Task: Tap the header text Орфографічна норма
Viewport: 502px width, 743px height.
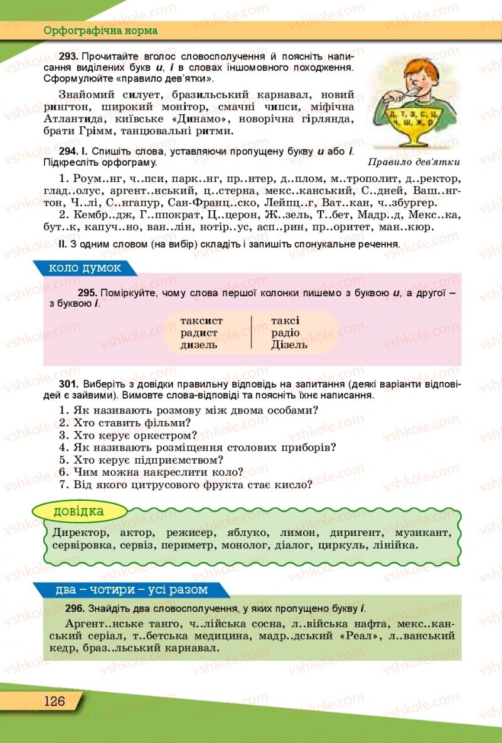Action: (x=100, y=30)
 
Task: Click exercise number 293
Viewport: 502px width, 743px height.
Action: (x=68, y=56)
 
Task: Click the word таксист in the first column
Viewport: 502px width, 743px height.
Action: (x=201, y=321)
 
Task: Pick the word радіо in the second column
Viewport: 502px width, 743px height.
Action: (x=286, y=333)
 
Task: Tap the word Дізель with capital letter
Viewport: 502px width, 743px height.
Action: (x=289, y=345)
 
